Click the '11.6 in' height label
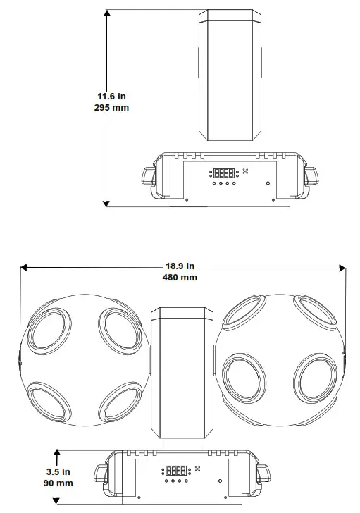click(113, 96)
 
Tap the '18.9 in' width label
click(180, 266)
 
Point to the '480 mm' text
click(180, 278)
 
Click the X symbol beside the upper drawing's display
click(246, 172)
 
